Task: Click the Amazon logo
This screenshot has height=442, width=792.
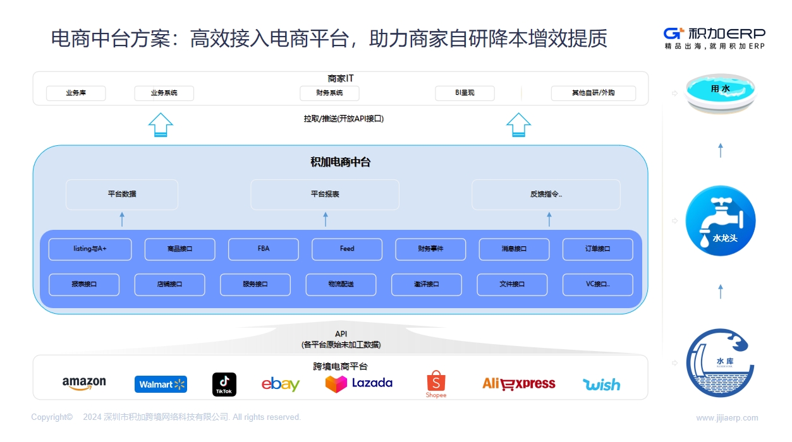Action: [84, 383]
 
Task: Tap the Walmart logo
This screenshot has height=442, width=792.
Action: [161, 384]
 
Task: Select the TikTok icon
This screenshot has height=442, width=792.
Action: [224, 385]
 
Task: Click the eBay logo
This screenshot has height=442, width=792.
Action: [281, 384]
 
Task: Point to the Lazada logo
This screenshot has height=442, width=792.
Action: [358, 384]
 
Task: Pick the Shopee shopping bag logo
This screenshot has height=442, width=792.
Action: [436, 385]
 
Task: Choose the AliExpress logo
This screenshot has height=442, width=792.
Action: [519, 384]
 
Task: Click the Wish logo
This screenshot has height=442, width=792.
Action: [601, 385]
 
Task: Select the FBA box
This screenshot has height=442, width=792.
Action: [264, 249]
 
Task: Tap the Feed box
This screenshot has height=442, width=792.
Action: [347, 249]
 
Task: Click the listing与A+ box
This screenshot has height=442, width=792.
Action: [90, 249]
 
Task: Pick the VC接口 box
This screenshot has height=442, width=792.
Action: [597, 284]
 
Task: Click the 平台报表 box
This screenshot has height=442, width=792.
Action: [325, 194]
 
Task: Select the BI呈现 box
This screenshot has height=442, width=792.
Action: [465, 93]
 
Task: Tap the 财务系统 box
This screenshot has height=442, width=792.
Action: [329, 93]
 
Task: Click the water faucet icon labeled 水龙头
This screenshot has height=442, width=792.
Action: [721, 221]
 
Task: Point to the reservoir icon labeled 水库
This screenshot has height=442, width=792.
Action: [720, 363]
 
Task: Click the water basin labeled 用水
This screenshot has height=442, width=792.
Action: [720, 93]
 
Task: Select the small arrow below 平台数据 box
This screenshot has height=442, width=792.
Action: [122, 219]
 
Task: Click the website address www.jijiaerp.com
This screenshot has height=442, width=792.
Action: [727, 418]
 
